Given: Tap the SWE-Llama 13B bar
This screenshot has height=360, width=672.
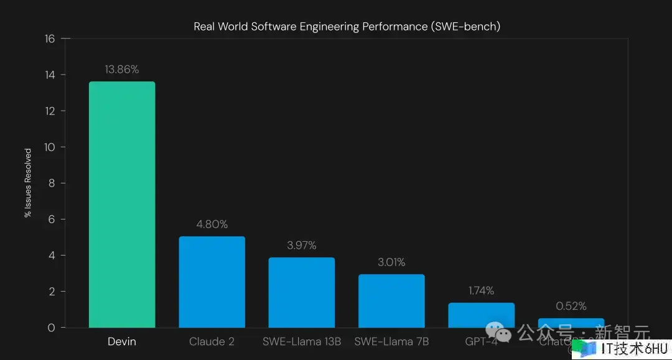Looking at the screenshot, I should coord(302,292).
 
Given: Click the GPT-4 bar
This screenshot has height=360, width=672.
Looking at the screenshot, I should coord(481,313).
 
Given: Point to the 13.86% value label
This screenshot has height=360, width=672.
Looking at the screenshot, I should coord(122,70).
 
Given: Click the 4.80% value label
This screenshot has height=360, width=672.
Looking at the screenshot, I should coord(212,224).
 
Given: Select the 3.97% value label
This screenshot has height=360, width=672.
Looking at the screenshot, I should coord(302,246).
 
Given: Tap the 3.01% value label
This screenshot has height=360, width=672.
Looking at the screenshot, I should coord(391,262).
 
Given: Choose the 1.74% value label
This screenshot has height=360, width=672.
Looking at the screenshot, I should coord(481,290).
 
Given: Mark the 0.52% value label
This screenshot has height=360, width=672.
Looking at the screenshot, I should coord(571,306).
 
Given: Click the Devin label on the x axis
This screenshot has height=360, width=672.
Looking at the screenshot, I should coord(122,341).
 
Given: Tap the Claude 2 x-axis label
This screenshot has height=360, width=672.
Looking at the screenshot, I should coord(212,341).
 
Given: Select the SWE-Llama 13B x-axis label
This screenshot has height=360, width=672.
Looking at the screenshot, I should coord(302,341).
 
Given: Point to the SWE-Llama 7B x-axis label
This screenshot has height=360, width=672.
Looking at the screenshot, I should coord(391,341).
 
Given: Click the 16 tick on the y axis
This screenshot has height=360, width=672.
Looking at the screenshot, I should coord(50,39).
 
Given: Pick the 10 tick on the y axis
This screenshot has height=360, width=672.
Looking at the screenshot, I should coord(50,147).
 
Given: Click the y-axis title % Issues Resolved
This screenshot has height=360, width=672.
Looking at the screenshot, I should coord(28,183).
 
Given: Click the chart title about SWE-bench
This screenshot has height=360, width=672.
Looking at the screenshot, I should coord(347,26).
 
